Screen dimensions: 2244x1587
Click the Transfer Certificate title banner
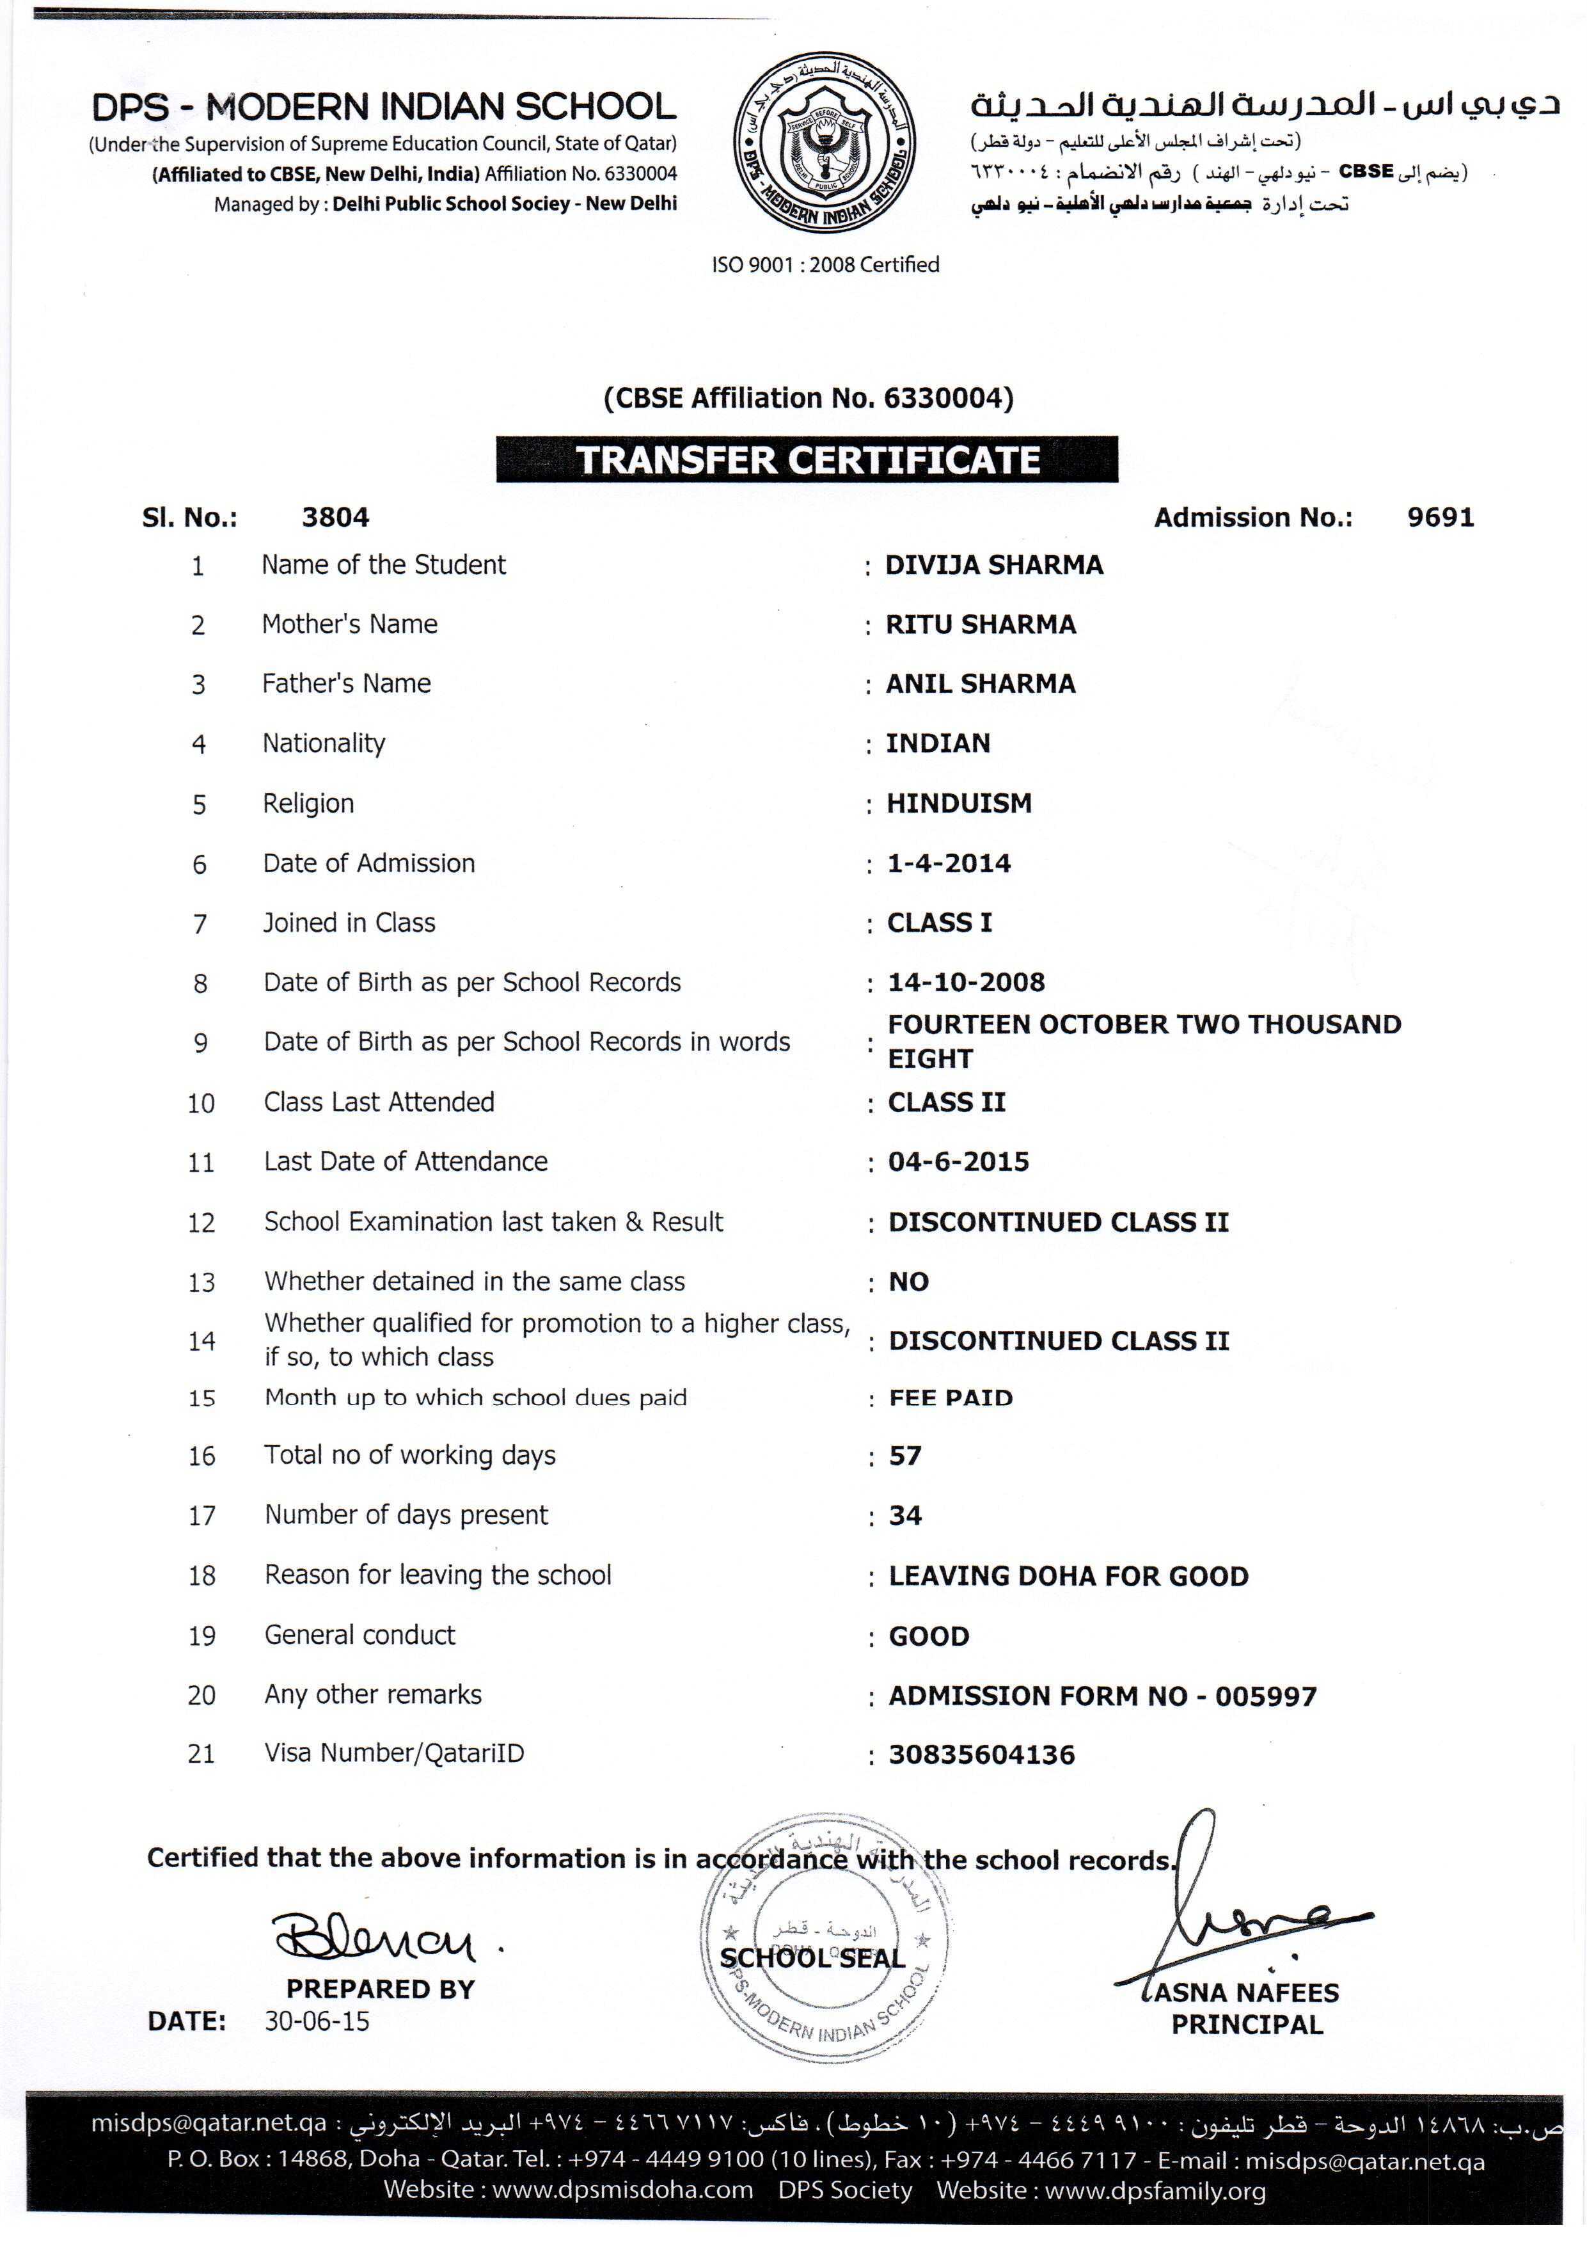coord(807,459)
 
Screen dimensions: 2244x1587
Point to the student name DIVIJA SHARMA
coord(994,565)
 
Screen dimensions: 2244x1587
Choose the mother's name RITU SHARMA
coord(980,625)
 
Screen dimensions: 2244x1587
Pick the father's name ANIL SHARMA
coord(980,684)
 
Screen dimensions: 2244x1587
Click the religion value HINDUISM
coord(959,804)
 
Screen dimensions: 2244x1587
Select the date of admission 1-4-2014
coord(949,863)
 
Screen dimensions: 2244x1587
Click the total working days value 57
coord(905,1456)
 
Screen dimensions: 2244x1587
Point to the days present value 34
coord(905,1516)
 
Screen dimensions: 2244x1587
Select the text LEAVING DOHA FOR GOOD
coord(1068,1577)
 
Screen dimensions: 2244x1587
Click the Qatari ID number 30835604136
coord(981,1755)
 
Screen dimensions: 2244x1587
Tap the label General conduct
coord(359,1635)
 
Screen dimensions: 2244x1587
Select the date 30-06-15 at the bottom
coord(317,2021)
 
